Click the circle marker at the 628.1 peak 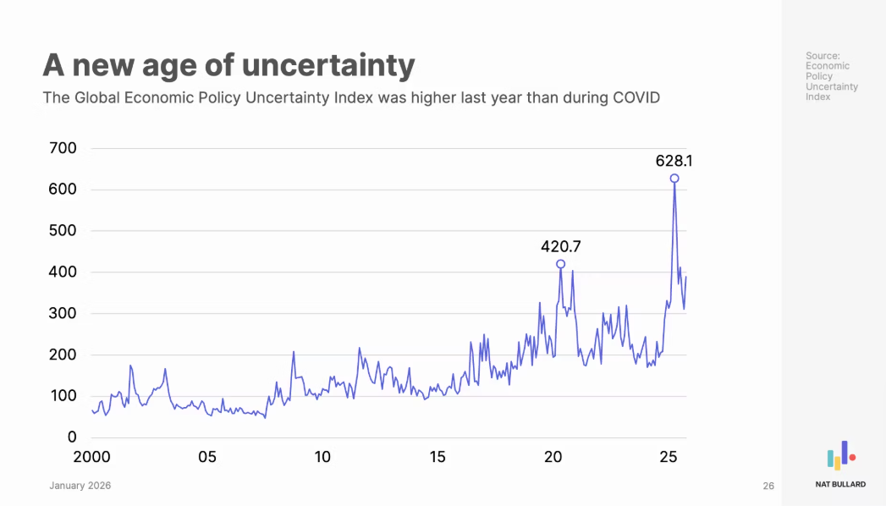point(674,179)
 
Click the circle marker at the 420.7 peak point(560,264)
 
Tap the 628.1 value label point(674,160)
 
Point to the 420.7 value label point(560,247)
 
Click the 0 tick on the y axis point(72,437)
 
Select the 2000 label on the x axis point(93,458)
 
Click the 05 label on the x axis point(207,458)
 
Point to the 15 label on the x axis point(437,458)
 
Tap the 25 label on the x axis point(668,458)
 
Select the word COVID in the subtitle point(633,97)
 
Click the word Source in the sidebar point(822,56)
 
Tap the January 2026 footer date point(80,486)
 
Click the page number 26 point(768,486)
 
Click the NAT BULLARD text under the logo point(840,485)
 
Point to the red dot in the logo point(852,458)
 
